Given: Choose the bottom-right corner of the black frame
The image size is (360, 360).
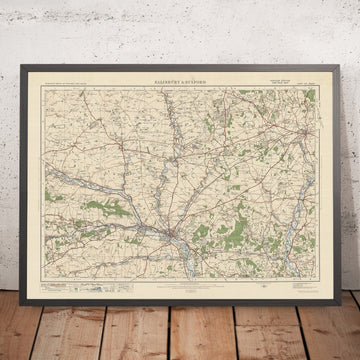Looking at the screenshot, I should (337, 279).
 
